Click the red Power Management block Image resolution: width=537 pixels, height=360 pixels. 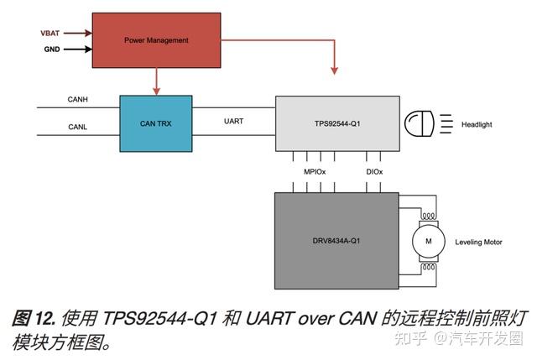[x=156, y=40]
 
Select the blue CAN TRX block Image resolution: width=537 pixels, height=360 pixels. [x=156, y=123]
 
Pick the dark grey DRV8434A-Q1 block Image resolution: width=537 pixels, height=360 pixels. [x=336, y=242]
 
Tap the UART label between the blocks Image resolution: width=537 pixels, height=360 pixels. [x=234, y=121]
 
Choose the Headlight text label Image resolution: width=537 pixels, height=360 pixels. [x=477, y=125]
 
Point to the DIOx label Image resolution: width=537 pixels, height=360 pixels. [x=373, y=172]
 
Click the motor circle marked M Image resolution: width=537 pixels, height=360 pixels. [x=429, y=242]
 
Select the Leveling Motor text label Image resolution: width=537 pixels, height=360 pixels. [x=478, y=243]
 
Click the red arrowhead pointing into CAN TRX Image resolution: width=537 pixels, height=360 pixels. [x=156, y=91]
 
